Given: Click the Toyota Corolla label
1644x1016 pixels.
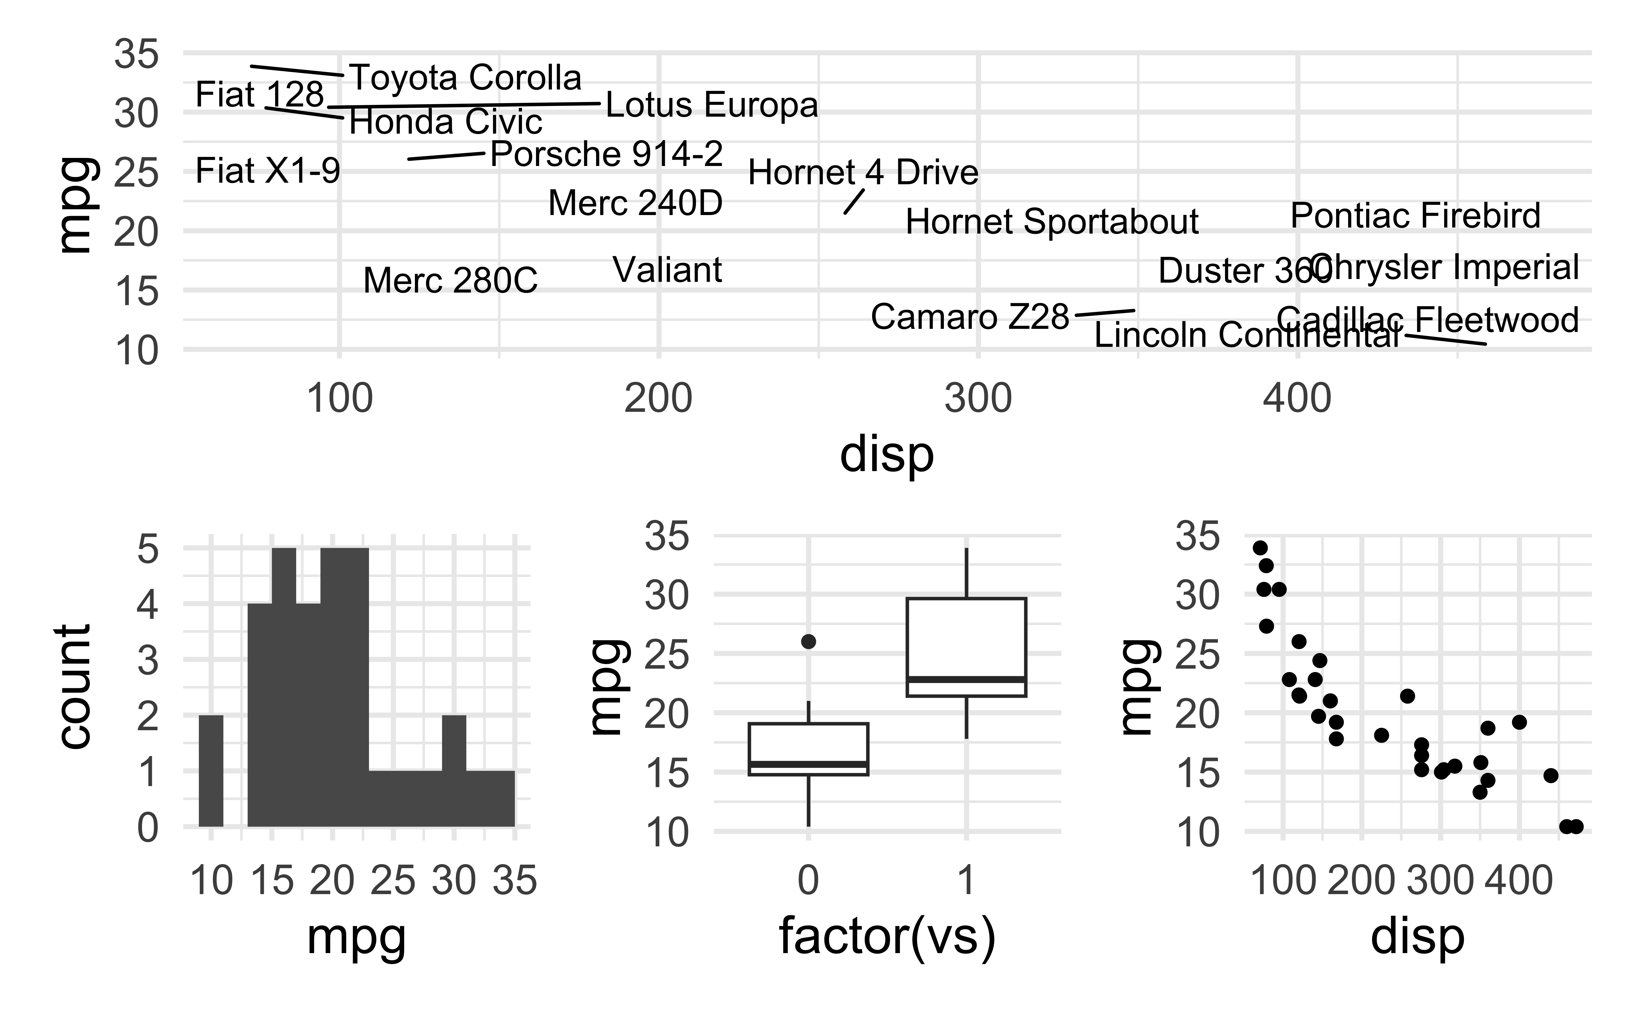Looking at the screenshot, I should pos(466,78).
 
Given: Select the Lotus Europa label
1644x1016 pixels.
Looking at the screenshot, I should pos(711,105).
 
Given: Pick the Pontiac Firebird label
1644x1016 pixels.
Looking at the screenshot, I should pos(1415,216).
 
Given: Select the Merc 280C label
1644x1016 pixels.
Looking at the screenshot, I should pos(450,281).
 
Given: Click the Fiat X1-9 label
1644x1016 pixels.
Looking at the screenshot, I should pos(267,171).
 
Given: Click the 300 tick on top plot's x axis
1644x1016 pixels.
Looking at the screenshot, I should pos(978,399).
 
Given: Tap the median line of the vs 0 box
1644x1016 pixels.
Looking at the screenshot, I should pos(808,764).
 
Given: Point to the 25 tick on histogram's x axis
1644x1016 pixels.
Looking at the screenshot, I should pos(393,880).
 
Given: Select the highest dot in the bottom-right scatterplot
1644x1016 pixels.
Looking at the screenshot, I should pos(1260,548).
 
